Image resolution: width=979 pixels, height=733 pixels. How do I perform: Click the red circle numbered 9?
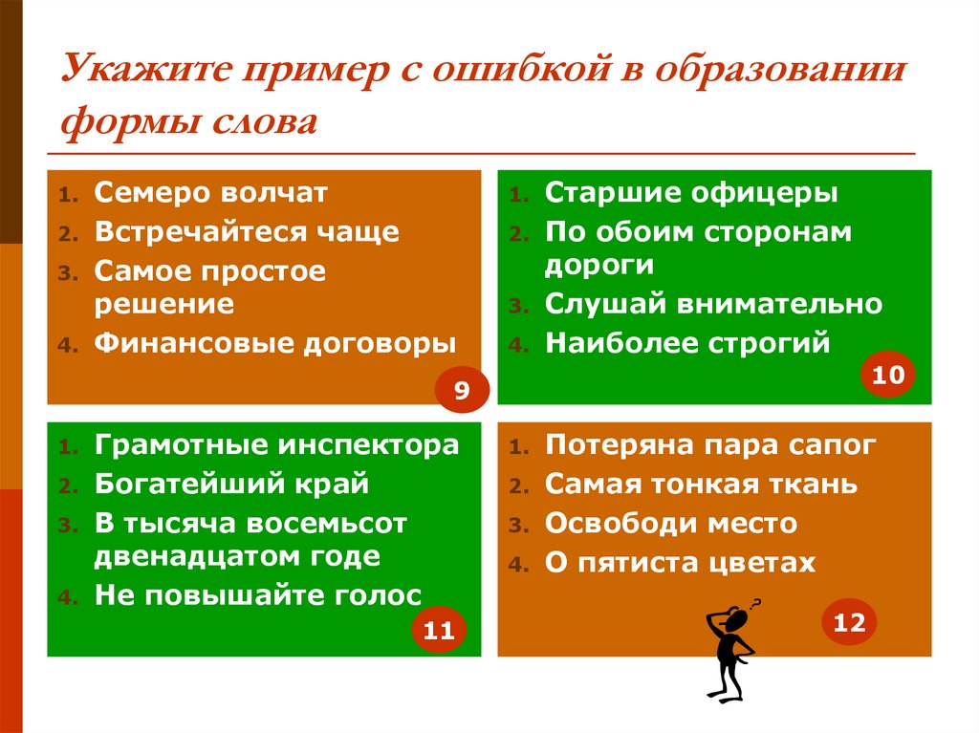pyautogui.click(x=462, y=390)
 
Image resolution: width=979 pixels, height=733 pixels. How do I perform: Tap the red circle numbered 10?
pyautogui.click(x=887, y=376)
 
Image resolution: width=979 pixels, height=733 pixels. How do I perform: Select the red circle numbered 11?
pyautogui.click(x=438, y=631)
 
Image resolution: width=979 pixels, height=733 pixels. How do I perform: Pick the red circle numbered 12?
pyautogui.click(x=849, y=623)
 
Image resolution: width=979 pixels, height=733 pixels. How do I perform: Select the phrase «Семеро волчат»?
pyautogui.click(x=210, y=193)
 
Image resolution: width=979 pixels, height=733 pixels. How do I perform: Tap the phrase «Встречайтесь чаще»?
pyautogui.click(x=247, y=232)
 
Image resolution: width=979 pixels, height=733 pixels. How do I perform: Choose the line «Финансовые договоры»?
pyautogui.click(x=275, y=343)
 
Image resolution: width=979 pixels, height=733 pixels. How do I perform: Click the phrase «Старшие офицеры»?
pyautogui.click(x=691, y=193)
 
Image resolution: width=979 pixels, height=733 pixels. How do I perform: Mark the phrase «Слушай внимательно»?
pyautogui.click(x=713, y=304)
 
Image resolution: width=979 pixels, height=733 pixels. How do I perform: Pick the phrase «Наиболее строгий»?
pyautogui.click(x=687, y=343)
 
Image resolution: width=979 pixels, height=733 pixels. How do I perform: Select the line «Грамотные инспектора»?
pyautogui.click(x=276, y=445)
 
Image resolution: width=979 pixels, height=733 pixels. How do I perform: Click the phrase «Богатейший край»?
pyautogui.click(x=231, y=484)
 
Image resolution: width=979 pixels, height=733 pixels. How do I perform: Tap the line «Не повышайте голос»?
pyautogui.click(x=258, y=595)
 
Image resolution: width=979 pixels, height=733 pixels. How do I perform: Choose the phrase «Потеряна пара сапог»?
pyautogui.click(x=710, y=445)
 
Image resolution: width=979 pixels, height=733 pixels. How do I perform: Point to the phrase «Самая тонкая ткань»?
pyautogui.click(x=701, y=485)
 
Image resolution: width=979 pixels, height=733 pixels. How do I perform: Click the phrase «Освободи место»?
pyautogui.click(x=670, y=524)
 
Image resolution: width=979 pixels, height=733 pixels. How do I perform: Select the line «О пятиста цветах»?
pyautogui.click(x=680, y=563)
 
